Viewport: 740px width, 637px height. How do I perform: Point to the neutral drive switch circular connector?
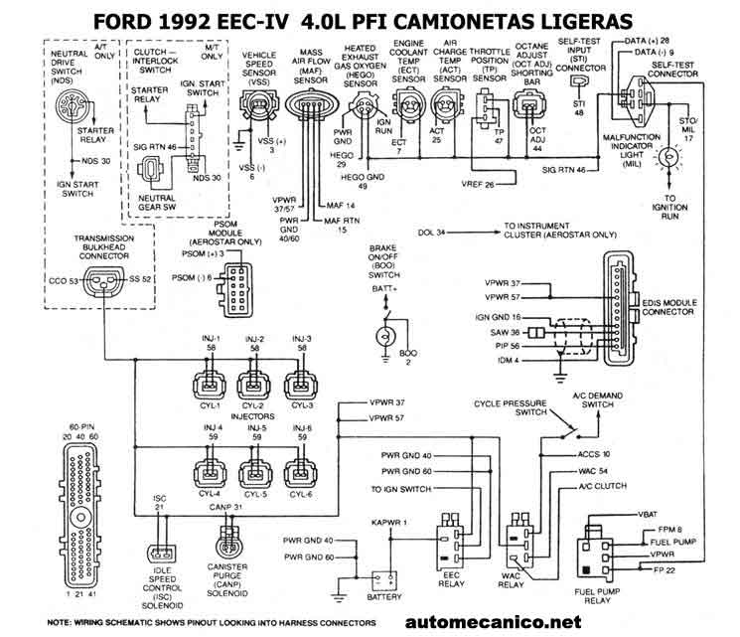[x=73, y=109]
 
